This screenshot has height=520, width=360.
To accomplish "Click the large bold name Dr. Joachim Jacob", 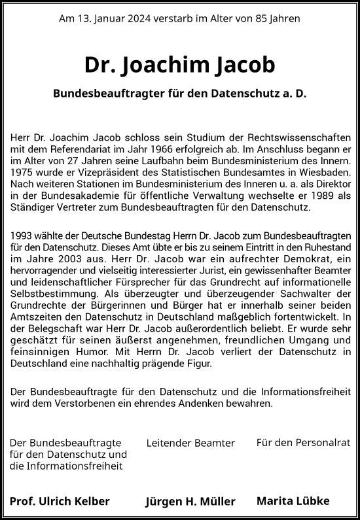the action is coord(180,65).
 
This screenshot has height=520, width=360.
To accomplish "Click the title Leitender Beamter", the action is coord(190,443).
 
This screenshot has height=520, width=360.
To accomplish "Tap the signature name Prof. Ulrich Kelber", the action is coord(60,501).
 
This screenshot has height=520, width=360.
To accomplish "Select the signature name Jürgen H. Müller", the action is coord(190,502).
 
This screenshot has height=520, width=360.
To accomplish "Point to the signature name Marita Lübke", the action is coord(293,501).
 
